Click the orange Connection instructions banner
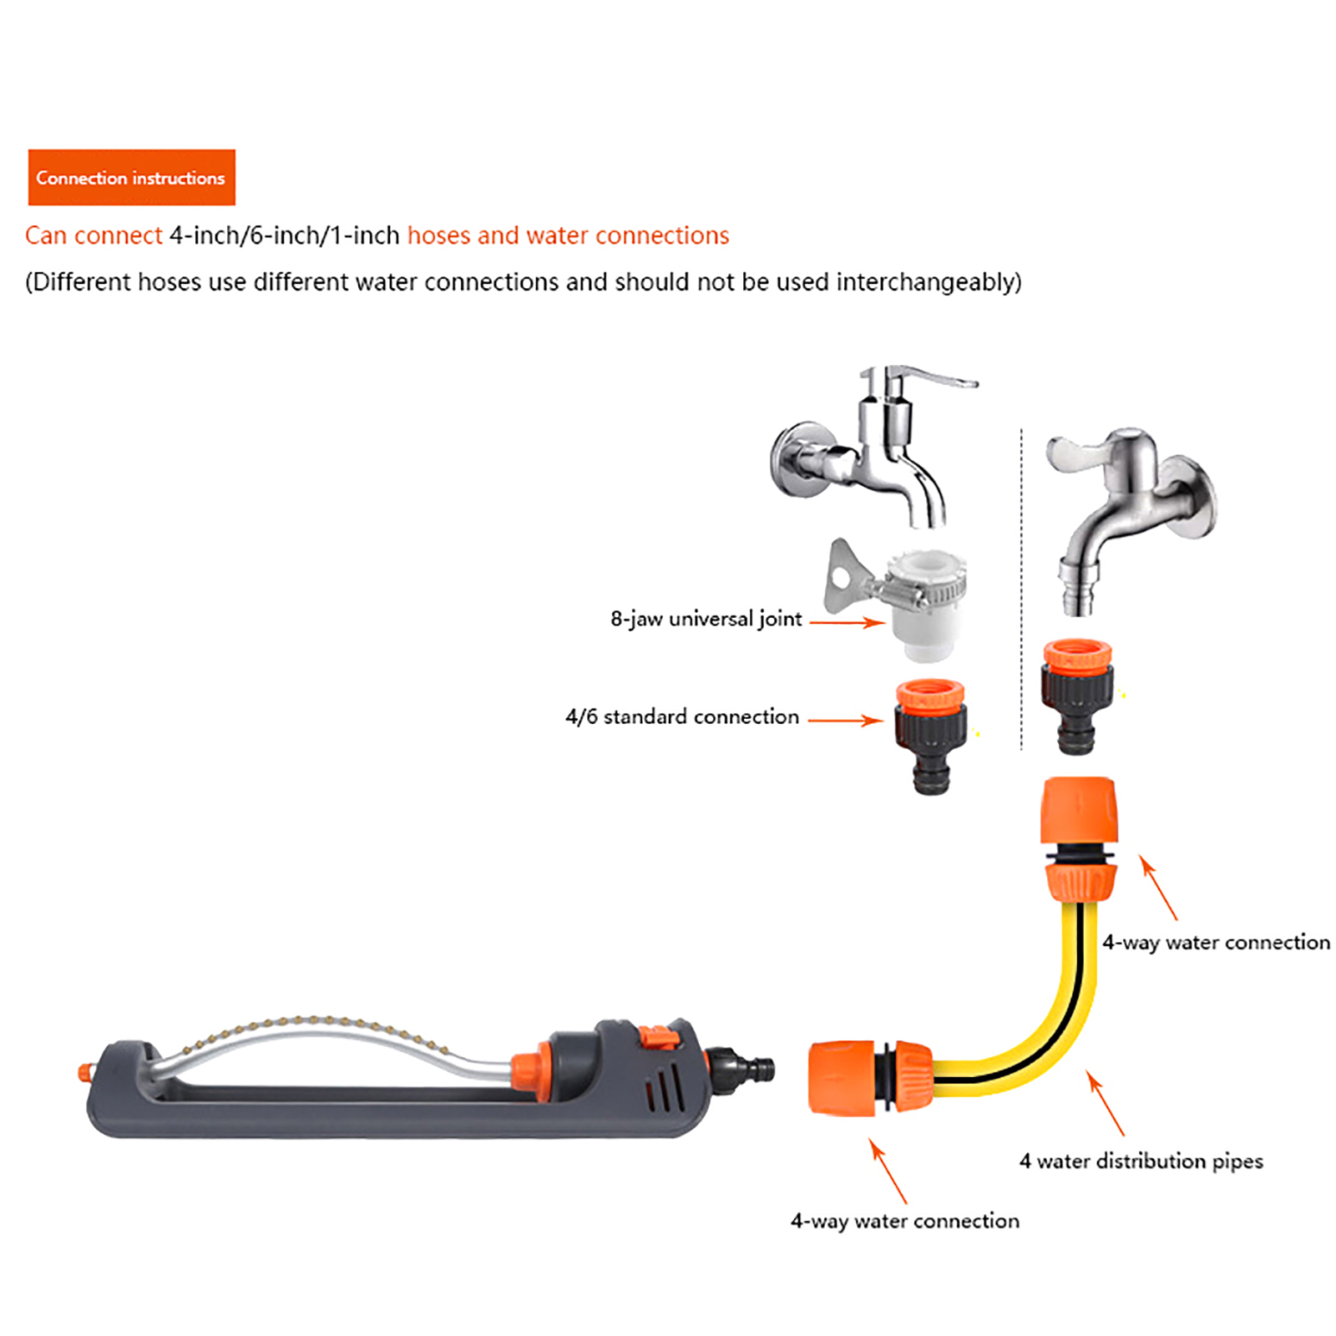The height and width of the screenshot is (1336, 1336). (x=131, y=177)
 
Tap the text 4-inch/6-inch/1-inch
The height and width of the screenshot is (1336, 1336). (x=285, y=235)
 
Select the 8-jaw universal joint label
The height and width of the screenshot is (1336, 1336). (x=706, y=619)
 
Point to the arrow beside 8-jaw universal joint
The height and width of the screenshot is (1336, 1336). (x=847, y=622)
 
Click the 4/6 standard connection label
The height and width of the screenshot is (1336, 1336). (x=682, y=716)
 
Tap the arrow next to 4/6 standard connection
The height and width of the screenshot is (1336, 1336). (x=845, y=720)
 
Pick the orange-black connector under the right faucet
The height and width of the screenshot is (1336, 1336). (x=1077, y=696)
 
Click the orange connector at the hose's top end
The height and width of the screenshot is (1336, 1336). (x=1079, y=839)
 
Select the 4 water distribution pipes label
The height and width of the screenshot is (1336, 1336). (x=1141, y=1161)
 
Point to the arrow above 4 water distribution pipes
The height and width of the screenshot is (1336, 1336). (x=1106, y=1102)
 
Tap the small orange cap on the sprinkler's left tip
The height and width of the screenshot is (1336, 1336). (x=84, y=1073)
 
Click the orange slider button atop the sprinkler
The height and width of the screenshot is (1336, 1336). (x=658, y=1038)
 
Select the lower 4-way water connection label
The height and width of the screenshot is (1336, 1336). (x=905, y=1221)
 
